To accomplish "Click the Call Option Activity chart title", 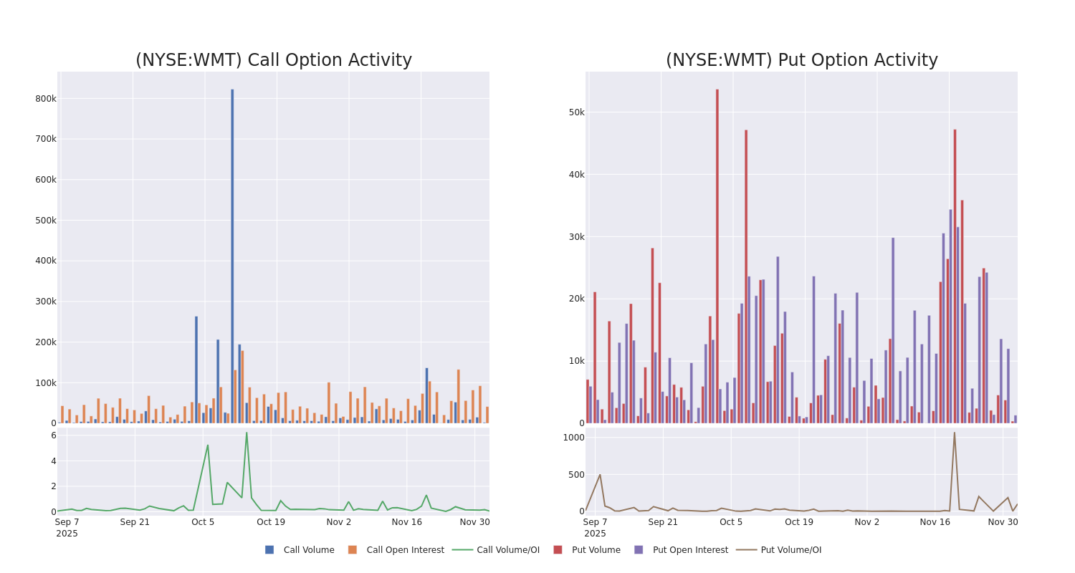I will point(273,60).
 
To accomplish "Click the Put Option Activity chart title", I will point(801,60).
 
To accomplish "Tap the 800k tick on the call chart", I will point(45,99).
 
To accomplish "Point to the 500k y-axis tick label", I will point(45,221).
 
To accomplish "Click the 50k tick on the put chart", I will point(576,112).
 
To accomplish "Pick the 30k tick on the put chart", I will point(576,237).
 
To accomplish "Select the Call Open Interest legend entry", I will point(404,550).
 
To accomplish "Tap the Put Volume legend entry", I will point(596,550).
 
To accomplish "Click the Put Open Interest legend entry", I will point(689,550).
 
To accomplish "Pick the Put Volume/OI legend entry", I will point(790,550).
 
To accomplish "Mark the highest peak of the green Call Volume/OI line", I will point(247,433).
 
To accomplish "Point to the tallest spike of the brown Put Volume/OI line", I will point(954,433).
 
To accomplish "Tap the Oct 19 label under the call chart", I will point(271,522).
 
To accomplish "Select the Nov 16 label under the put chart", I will point(935,522).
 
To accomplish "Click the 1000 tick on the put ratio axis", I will point(573,438).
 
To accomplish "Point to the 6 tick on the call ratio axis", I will point(53,435).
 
